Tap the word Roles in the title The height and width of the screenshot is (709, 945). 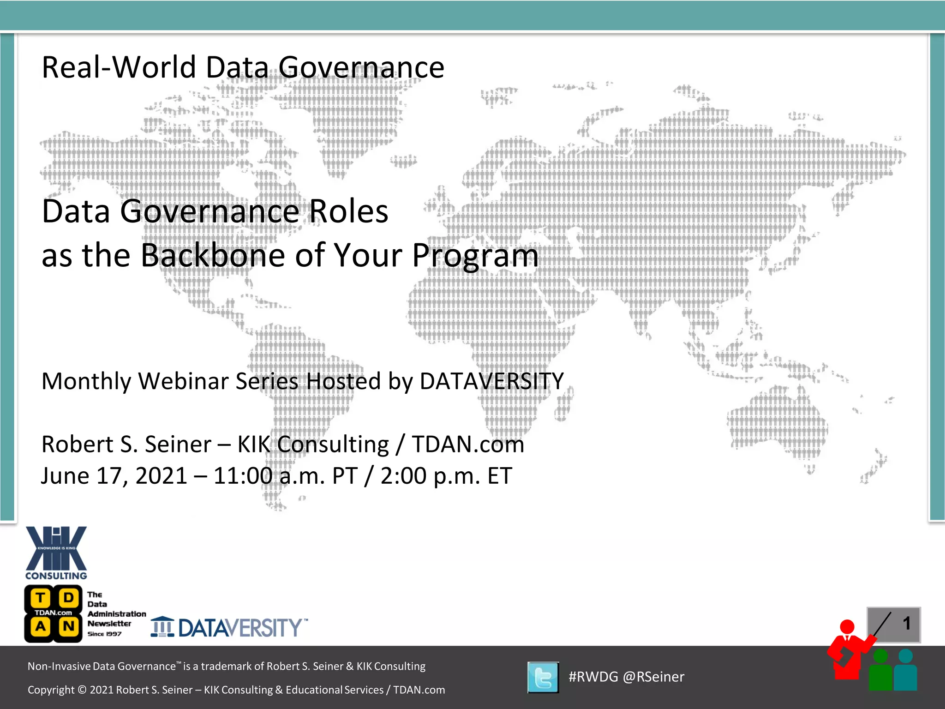[x=348, y=211]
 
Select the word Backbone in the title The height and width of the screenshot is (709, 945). [x=213, y=255]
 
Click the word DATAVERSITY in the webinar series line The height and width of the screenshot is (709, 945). [x=491, y=381]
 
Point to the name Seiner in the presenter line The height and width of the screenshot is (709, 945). [x=178, y=444]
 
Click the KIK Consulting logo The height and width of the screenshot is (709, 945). [x=56, y=553]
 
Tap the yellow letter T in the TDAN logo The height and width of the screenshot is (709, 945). [x=41, y=598]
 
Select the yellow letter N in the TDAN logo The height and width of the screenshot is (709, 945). [x=68, y=626]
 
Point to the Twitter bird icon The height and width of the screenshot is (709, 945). [x=543, y=677]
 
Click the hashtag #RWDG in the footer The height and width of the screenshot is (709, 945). [x=593, y=677]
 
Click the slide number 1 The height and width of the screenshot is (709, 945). [x=906, y=624]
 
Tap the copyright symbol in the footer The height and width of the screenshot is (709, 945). [x=82, y=690]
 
